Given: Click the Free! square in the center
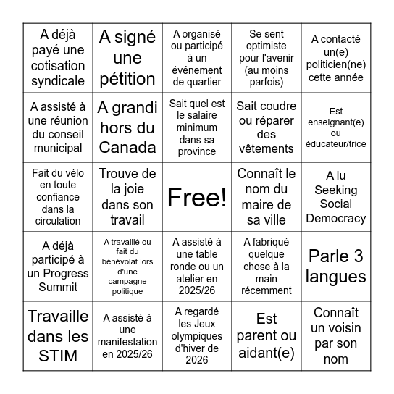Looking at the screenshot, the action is [x=197, y=196].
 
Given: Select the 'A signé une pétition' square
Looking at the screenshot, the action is [x=127, y=58].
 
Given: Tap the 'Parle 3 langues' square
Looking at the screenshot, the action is [x=336, y=266].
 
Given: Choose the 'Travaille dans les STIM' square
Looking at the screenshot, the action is [x=58, y=335].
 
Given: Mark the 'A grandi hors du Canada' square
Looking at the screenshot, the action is [x=127, y=127].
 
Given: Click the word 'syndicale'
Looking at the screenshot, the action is [x=58, y=81].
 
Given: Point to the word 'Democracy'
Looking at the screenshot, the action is [x=336, y=218].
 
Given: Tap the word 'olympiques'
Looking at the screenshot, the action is [x=197, y=339].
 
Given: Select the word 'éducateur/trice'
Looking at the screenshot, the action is [x=336, y=143].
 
